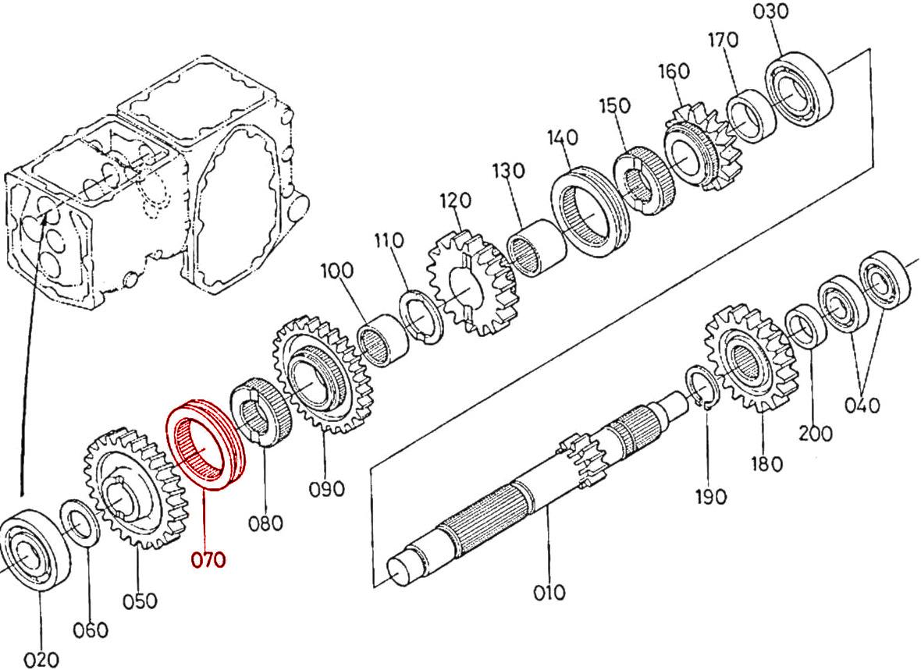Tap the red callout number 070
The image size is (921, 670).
[x=208, y=559]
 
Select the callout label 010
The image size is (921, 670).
[x=549, y=593]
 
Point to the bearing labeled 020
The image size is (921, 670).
[x=31, y=547]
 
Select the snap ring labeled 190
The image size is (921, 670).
[x=706, y=388]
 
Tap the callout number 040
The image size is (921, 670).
[x=862, y=405]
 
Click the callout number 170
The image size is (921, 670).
[x=723, y=40]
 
